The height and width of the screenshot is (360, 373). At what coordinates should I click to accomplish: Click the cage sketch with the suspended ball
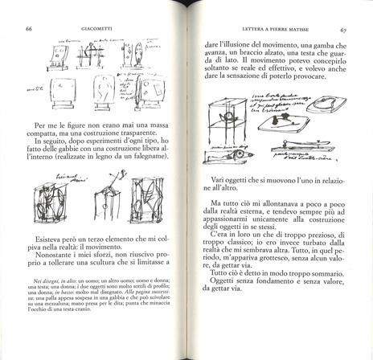click(x=227, y=128)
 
